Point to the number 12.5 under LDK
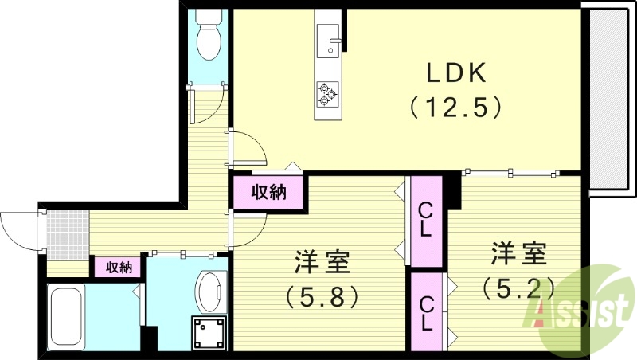point(455,107)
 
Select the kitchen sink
point(328,40)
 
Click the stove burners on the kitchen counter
point(328,94)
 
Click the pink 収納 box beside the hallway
point(269,192)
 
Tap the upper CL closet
point(426,221)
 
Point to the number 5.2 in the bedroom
point(518,287)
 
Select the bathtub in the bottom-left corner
point(68,315)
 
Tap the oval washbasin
point(210,292)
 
